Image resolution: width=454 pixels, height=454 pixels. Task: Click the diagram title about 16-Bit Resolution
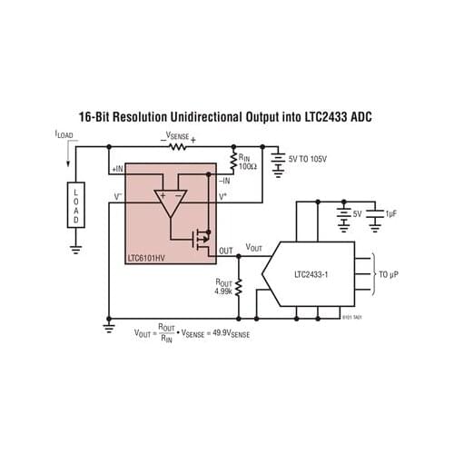click(x=226, y=117)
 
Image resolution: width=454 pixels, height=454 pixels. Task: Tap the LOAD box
click(x=76, y=206)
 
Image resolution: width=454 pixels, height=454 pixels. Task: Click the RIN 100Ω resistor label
click(x=248, y=161)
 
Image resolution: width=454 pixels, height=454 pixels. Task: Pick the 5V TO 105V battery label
click(x=314, y=158)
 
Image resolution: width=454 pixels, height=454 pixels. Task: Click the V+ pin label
click(x=224, y=195)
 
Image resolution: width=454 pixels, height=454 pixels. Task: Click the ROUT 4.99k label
click(x=223, y=286)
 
